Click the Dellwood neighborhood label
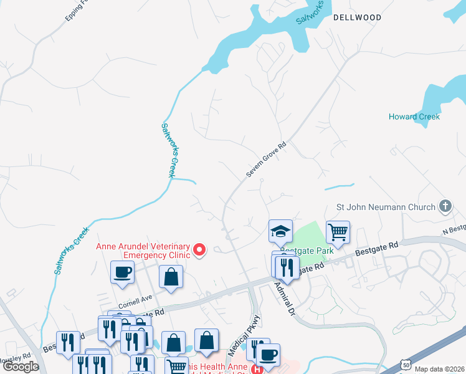(x=357, y=17)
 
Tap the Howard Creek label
(x=414, y=117)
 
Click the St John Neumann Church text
(x=386, y=206)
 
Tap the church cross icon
(x=445, y=206)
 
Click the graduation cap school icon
(x=280, y=231)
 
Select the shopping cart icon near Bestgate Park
(x=337, y=232)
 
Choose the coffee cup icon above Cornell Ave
(x=122, y=272)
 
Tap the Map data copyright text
(x=439, y=369)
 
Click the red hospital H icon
(x=257, y=368)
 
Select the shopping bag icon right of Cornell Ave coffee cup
(x=171, y=278)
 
